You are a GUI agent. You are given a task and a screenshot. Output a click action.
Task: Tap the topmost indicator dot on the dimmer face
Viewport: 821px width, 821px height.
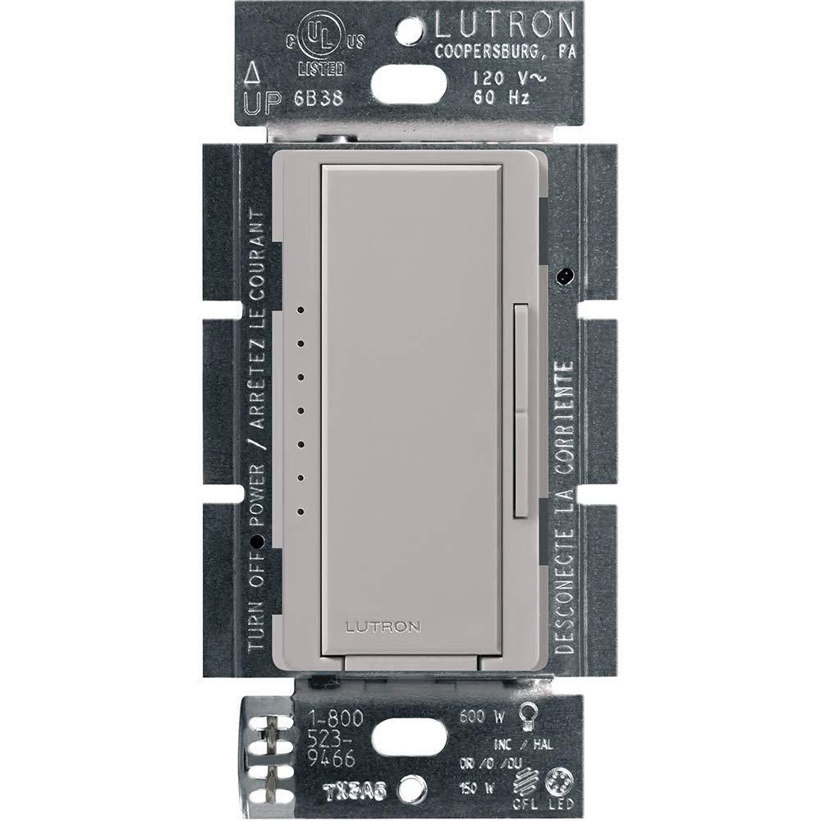[x=300, y=310]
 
